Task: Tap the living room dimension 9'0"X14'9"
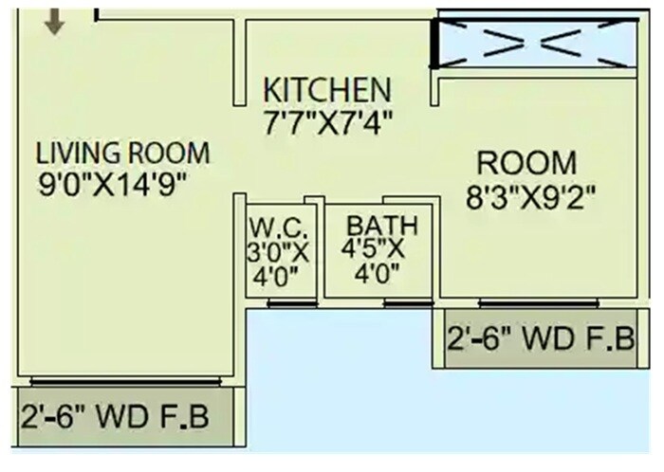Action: coord(121,183)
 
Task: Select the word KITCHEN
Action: coord(326,90)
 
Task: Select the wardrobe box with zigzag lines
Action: coord(536,42)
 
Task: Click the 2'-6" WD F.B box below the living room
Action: coord(116,417)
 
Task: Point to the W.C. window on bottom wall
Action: coord(281,303)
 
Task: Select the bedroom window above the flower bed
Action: coord(538,303)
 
